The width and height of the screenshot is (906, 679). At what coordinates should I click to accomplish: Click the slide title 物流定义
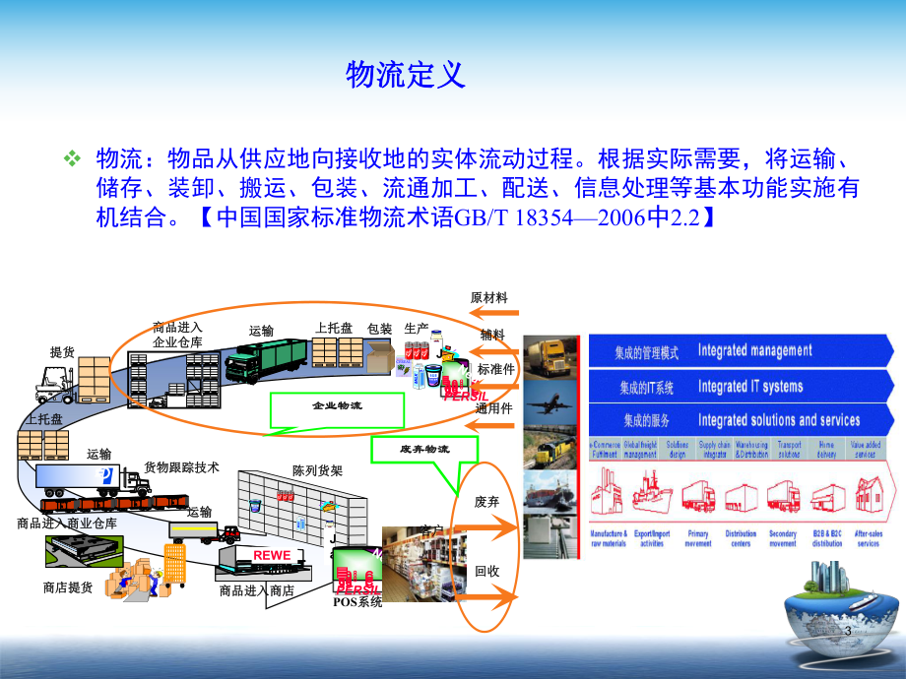pos(405,75)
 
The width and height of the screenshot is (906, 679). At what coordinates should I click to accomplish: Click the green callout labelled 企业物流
pos(337,405)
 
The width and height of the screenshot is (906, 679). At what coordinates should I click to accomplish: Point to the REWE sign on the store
pos(272,556)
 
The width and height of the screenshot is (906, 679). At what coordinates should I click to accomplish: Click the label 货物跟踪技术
pos(181,467)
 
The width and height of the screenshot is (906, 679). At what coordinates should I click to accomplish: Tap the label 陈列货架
pos(317,470)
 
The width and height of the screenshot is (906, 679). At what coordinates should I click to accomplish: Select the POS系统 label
pos(356,602)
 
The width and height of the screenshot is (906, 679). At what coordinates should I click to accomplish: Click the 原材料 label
pos(489,298)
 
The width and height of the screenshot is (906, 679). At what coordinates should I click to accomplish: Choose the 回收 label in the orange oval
pos(486,571)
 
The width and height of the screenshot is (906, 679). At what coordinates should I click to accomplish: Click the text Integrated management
pos(754,350)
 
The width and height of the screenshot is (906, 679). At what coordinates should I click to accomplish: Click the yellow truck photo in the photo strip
pos(552,358)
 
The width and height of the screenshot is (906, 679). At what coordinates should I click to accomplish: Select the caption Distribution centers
pos(741,538)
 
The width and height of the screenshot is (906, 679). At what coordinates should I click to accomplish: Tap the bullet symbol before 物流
pos(72,158)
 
